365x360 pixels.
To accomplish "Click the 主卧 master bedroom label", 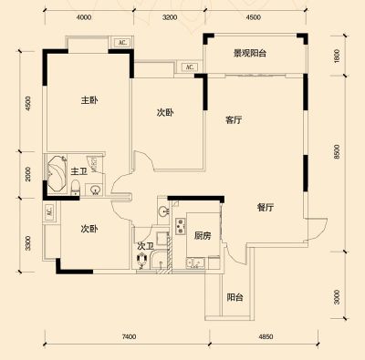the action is click(89, 100).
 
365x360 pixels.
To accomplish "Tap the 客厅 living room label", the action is click(234, 120).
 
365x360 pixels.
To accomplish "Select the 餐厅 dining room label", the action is click(266, 208).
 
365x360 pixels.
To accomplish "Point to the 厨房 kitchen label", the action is click(203, 236).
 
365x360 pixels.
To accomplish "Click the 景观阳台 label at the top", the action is click(250, 54).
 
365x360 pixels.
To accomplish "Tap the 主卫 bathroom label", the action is click(79, 171).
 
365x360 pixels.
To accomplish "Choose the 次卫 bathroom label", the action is click(145, 246).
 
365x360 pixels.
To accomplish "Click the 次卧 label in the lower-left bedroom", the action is click(89, 229).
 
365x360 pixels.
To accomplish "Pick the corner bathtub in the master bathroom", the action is click(57, 173).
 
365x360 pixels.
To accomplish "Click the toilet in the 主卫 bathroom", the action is click(75, 188).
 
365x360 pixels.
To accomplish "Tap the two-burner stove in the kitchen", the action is click(181, 227).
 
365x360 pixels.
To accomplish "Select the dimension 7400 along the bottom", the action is click(129, 336).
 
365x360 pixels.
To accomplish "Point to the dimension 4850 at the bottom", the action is click(266, 336).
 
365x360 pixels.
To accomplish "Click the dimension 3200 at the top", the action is click(170, 17).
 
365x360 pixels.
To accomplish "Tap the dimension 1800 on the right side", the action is click(337, 56).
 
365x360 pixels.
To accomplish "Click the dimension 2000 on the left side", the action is click(28, 174).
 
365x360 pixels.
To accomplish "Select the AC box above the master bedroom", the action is click(122, 43).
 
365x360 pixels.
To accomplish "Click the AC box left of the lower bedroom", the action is click(48, 211).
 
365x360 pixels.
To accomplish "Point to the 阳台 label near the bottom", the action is click(235, 297).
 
